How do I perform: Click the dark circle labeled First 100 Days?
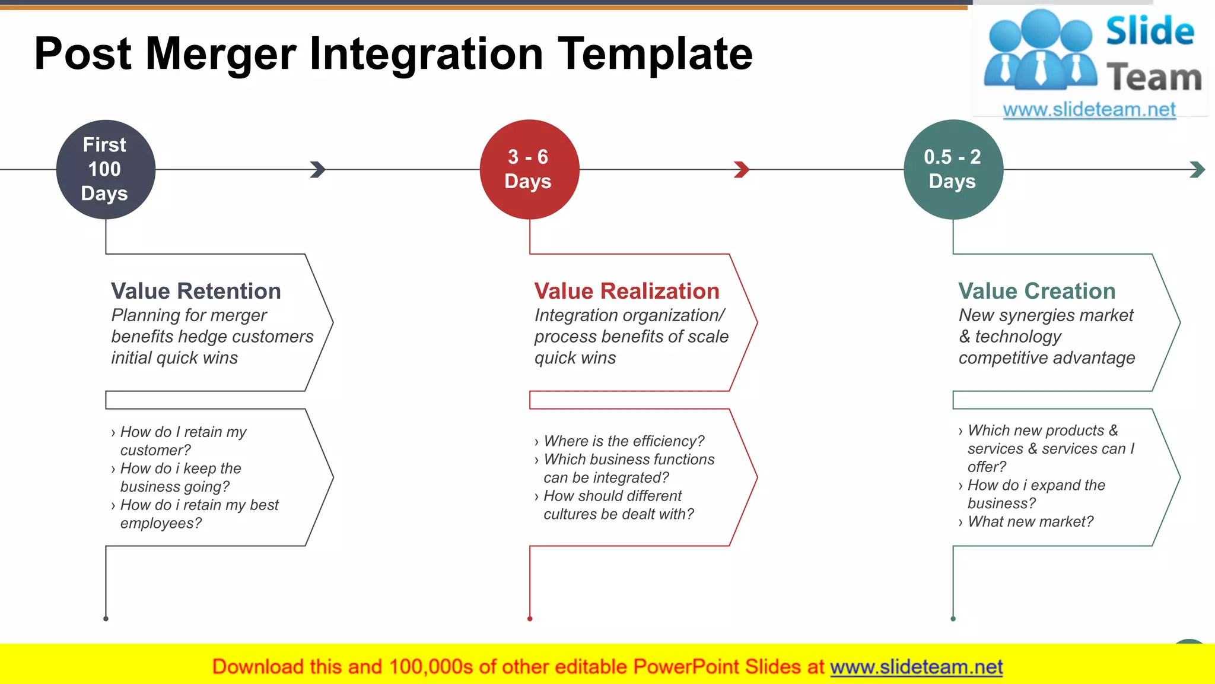coord(106,170)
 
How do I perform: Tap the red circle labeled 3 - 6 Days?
coord(529,170)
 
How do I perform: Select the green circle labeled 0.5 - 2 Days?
coord(953,170)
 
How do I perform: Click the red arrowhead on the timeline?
coord(742,170)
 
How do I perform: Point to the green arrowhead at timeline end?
coord(1197,170)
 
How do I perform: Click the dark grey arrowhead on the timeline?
coord(318,170)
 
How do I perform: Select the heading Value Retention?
coord(196,292)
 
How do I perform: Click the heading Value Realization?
coord(626,292)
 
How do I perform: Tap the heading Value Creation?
coord(1036,292)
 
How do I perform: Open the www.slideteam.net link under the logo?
coord(1089,109)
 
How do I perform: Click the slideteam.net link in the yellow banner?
coord(916,667)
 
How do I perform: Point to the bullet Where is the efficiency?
coord(624,441)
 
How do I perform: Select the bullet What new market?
coord(1030,522)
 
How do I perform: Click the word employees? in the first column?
coord(161,524)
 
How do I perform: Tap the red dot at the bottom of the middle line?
coord(530,619)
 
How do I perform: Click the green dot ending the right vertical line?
coord(953,619)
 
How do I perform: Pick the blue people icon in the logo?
coord(1041,50)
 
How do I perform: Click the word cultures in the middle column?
coord(570,514)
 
